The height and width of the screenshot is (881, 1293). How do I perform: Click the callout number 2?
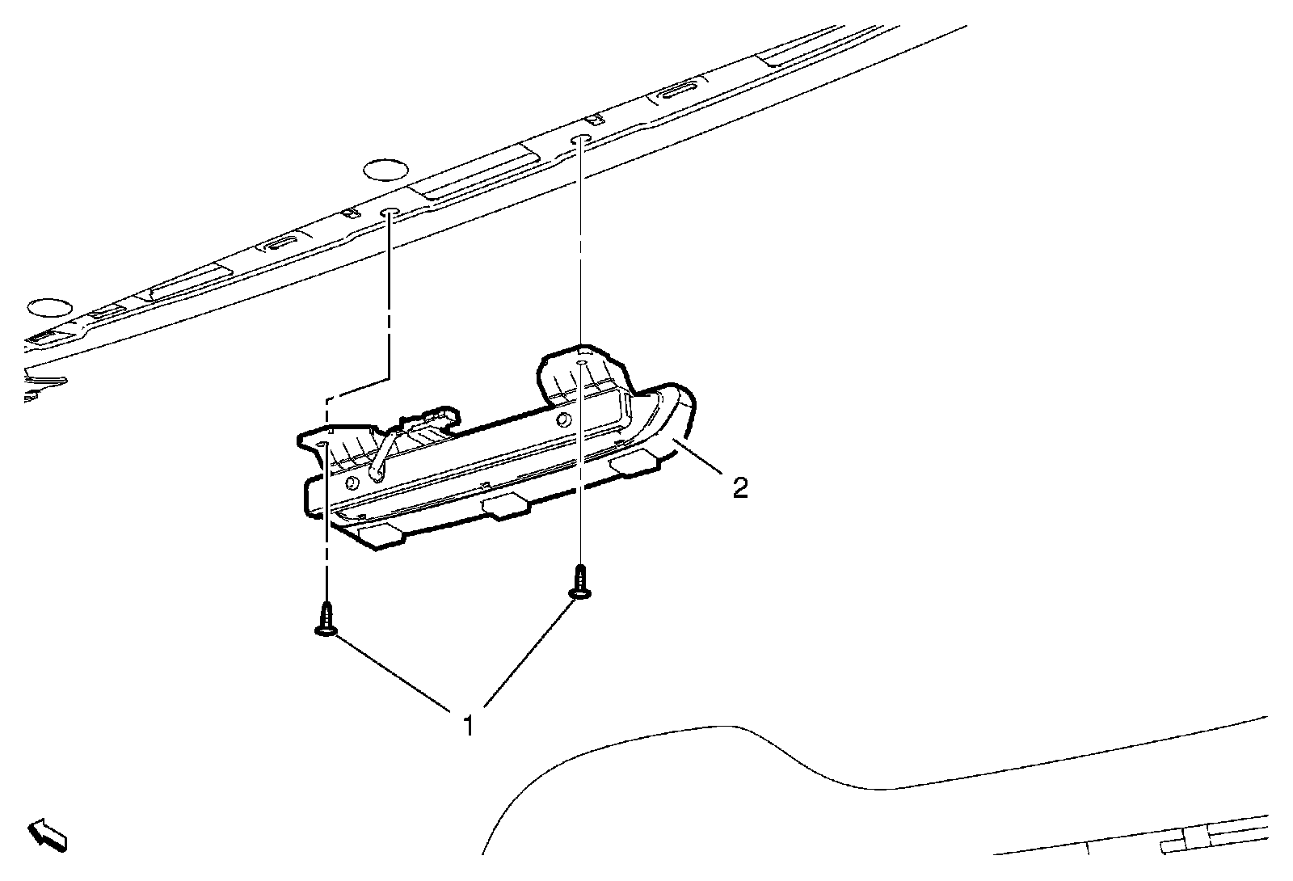[x=739, y=487]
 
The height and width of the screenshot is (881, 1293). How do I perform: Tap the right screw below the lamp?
[x=580, y=583]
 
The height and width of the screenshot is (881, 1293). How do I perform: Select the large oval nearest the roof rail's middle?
[x=385, y=170]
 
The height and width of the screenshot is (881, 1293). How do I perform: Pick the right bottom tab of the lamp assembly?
[x=636, y=464]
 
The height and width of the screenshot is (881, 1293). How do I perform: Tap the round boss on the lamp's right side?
[x=562, y=418]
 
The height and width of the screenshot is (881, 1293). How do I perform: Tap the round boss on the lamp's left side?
[x=352, y=483]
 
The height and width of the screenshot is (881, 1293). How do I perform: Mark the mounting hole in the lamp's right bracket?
[x=582, y=366]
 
